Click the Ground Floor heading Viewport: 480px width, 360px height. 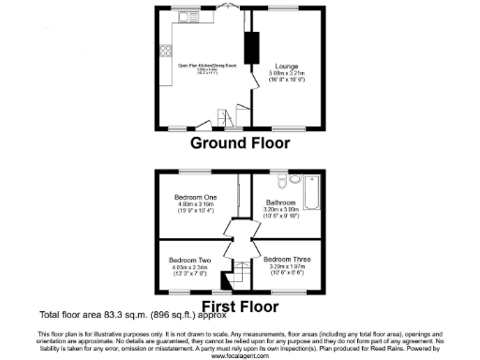click(x=240, y=143)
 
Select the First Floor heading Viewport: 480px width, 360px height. click(x=240, y=305)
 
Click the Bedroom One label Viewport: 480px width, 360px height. click(x=195, y=198)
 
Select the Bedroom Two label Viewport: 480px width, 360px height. click(x=189, y=260)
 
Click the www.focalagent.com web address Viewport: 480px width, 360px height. click(x=240, y=355)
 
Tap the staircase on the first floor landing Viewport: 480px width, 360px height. click(x=225, y=278)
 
